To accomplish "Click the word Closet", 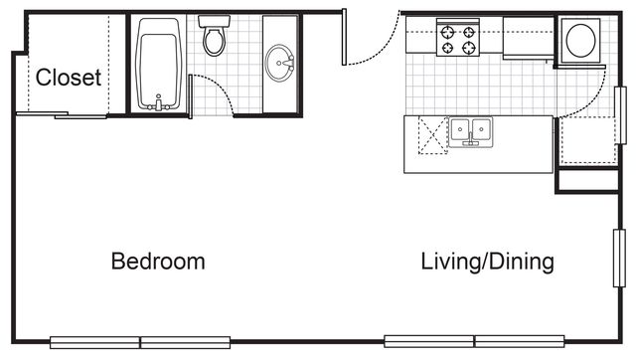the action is [x=69, y=78].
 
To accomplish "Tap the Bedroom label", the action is [x=158, y=261].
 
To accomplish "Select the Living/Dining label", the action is [x=487, y=262].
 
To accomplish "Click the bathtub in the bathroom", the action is [x=159, y=64].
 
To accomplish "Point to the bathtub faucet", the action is [x=159, y=103].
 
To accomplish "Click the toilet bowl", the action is [x=214, y=41].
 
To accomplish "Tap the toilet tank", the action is [x=215, y=21].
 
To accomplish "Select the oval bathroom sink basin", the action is [x=279, y=63].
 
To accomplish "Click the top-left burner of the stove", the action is [x=447, y=32].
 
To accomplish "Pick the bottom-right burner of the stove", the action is [x=469, y=48].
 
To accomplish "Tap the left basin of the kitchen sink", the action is [x=460, y=129].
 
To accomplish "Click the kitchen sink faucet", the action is [x=470, y=139].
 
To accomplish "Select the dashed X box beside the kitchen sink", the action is [x=433, y=135].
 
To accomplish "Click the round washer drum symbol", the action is [x=580, y=40].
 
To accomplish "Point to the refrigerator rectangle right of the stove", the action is [x=528, y=38].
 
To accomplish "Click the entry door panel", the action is [x=344, y=37].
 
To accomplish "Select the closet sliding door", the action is [x=62, y=115].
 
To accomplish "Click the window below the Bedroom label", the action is [x=140, y=342].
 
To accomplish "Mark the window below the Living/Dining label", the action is [x=474, y=341].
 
